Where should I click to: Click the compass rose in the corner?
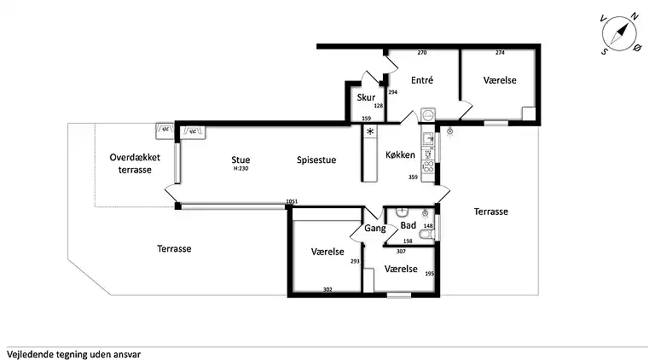pos(620,33)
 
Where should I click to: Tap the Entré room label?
pos(422,80)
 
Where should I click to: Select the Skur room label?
pos(366,97)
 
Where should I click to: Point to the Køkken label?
pos(400,155)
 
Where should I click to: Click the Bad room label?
pos(409,225)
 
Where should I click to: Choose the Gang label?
pos(374,229)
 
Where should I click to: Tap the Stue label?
pos(241,160)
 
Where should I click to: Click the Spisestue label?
pos(316,160)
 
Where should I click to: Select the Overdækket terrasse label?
pos(135,164)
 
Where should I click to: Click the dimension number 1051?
pos(292,201)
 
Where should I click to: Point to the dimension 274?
pos(500,53)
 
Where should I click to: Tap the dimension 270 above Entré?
pos(422,53)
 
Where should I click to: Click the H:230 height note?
pos(241,169)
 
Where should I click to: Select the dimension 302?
pos(327,289)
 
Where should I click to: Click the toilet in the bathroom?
pos(427,235)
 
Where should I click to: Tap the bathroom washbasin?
pos(402,212)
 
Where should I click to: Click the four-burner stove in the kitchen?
pos(428,167)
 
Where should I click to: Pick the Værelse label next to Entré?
pos(500,80)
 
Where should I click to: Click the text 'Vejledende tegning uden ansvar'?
pos(74,355)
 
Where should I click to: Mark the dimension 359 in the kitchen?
pos(413,177)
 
